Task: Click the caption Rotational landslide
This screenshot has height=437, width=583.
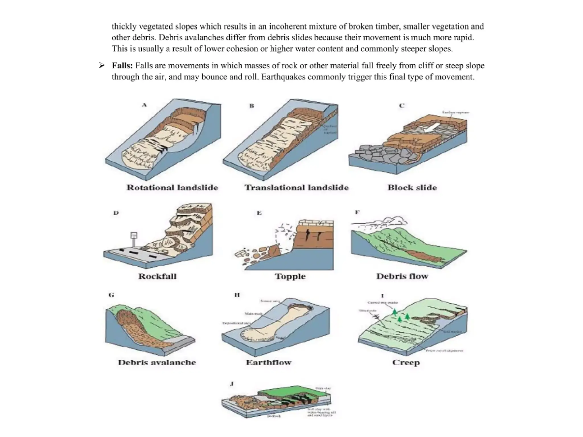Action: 172,187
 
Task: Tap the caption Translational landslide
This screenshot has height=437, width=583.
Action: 296,187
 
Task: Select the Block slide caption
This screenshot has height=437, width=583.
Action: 412,187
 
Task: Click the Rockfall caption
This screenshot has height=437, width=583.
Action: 157,276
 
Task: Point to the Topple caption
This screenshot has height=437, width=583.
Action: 290,276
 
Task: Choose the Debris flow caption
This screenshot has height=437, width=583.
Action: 402,276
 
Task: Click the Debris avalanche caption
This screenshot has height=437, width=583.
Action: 157,362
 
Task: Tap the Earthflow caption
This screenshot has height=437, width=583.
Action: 269,362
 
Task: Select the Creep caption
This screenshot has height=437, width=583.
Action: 406,362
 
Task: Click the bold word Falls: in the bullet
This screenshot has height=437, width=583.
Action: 122,66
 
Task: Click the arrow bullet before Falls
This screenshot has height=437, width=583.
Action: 102,66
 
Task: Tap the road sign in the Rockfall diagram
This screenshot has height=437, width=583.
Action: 134,236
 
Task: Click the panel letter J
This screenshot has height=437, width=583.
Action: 232,384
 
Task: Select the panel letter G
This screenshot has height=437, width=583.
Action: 111,295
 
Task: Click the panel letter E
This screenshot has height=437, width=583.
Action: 259,213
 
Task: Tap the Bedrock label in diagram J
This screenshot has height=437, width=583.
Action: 274,416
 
